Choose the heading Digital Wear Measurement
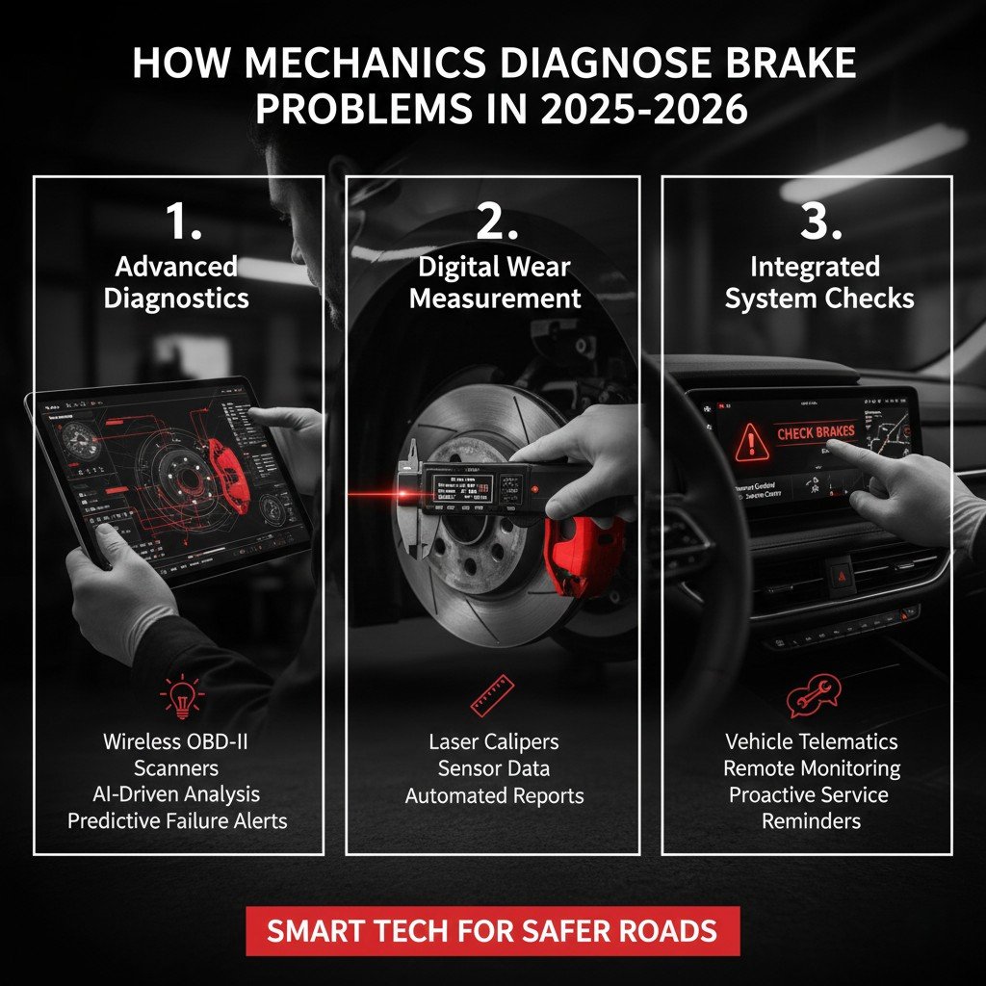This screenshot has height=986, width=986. pos(495,281)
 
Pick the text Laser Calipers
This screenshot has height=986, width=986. pos(494,742)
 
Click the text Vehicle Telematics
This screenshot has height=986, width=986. pos(811,741)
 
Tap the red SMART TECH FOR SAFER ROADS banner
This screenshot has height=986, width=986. pos(492,931)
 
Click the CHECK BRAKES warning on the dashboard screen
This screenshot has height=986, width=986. pos(816,432)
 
